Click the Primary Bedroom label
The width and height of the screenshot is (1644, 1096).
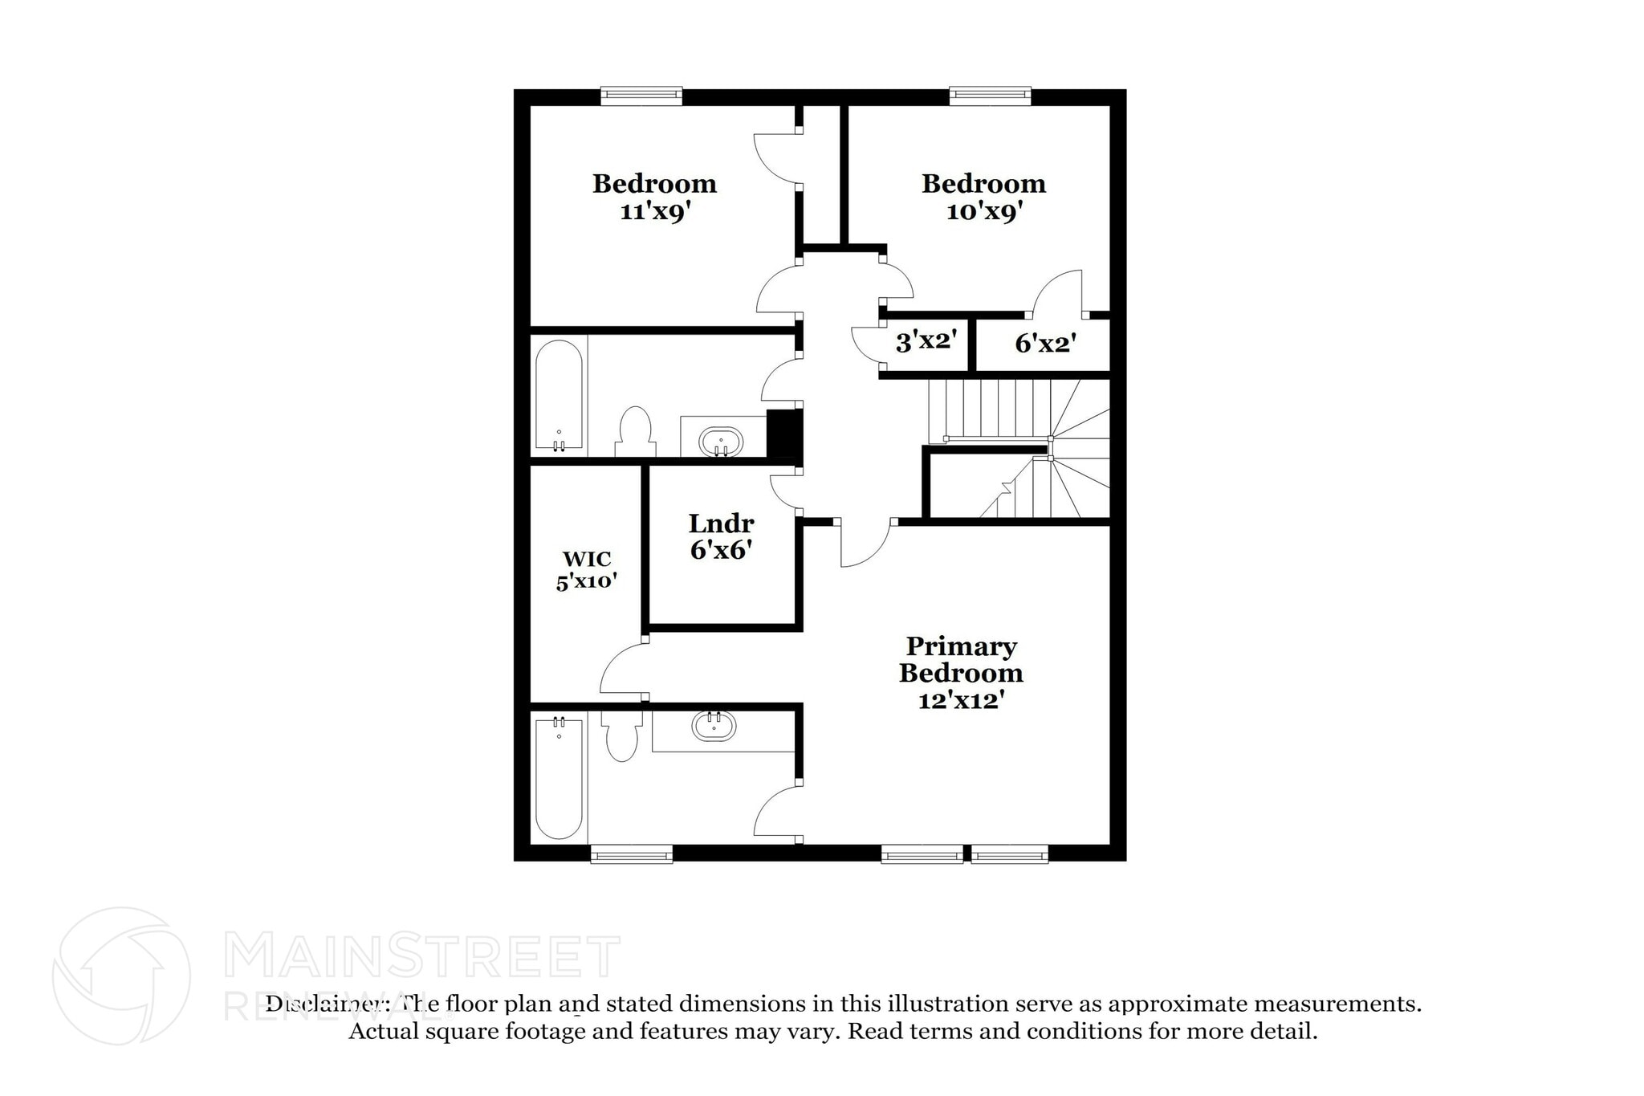tap(961, 659)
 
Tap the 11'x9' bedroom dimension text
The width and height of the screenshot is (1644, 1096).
tap(655, 212)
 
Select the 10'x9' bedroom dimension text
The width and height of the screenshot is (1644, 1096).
tap(983, 212)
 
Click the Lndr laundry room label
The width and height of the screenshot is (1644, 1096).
tap(721, 524)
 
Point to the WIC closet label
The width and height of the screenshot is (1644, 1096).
tap(587, 559)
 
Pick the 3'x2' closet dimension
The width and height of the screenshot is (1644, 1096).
tap(926, 342)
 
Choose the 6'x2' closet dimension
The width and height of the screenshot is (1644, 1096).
tap(1044, 344)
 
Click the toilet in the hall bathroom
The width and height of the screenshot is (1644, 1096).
tap(635, 432)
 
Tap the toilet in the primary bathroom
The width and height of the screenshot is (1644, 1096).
tap(621, 736)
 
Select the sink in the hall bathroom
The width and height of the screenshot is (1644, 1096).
tap(721, 442)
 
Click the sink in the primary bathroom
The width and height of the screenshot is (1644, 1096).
tap(713, 726)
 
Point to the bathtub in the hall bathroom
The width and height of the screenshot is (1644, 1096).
tap(559, 396)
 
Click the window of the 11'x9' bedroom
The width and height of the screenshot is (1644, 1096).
tap(641, 96)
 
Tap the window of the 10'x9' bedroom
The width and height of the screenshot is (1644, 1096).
tap(990, 96)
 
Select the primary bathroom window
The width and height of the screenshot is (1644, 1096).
tap(632, 854)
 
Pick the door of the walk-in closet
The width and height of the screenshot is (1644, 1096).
tap(622, 670)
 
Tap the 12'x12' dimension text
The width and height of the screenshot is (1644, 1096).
tap(961, 701)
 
